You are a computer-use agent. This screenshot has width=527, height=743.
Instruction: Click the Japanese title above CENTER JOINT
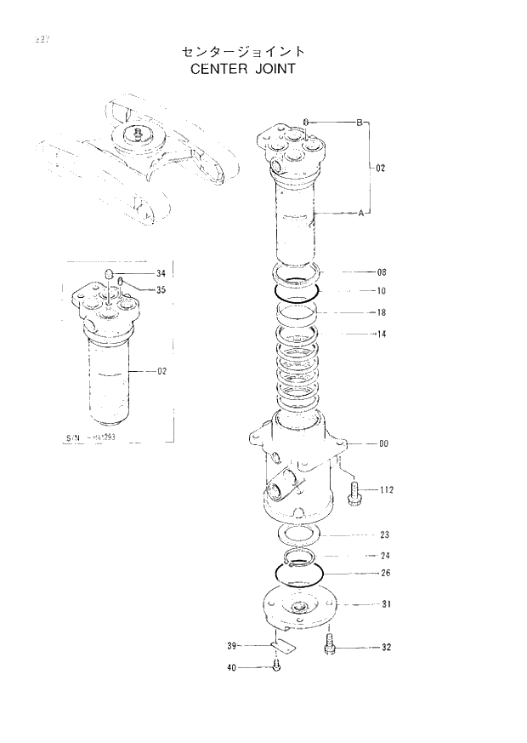pyautogui.click(x=242, y=52)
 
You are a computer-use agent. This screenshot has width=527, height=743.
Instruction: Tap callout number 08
pyautogui.click(x=382, y=272)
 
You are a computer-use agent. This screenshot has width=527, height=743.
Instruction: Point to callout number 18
pyautogui.click(x=382, y=312)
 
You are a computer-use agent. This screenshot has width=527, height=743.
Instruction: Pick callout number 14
pyautogui.click(x=382, y=334)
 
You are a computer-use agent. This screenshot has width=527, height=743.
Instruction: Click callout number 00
pyautogui.click(x=383, y=443)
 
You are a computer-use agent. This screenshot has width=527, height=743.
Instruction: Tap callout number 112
pyautogui.click(x=386, y=490)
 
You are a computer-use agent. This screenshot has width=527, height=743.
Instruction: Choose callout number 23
pyautogui.click(x=384, y=535)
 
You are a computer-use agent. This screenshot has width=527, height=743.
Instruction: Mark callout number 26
pyautogui.click(x=384, y=573)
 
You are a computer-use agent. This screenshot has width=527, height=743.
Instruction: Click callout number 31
pyautogui.click(x=385, y=604)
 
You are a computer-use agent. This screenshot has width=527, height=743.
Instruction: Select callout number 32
pyautogui.click(x=385, y=648)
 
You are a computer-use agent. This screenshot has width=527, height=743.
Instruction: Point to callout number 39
pyautogui.click(x=231, y=646)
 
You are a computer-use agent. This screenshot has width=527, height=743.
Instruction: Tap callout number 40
pyautogui.click(x=231, y=668)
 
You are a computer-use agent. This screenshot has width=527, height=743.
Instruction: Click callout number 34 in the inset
pyautogui.click(x=161, y=273)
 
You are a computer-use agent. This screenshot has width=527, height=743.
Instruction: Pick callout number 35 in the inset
pyautogui.click(x=161, y=289)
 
